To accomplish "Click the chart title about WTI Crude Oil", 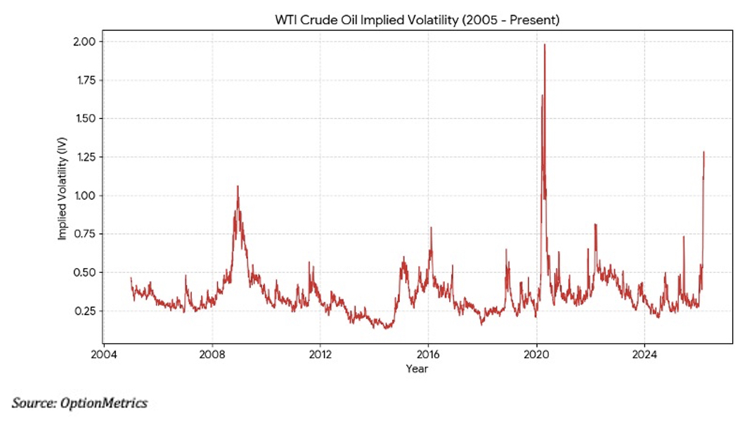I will (417, 20).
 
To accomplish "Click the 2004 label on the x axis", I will (103, 354).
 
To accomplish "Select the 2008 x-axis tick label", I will (212, 354).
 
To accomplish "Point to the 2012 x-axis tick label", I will (320, 354).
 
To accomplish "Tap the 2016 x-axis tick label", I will (429, 354).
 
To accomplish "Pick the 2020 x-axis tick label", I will (537, 354).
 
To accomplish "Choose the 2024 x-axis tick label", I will (645, 354).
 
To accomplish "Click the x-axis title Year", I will (417, 369).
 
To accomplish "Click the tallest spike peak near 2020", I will (545, 45).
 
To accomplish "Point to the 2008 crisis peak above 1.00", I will (238, 186).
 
